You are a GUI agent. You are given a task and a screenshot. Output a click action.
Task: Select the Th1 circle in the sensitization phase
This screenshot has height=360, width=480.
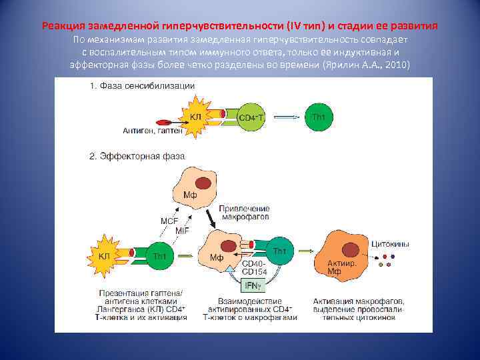tap(319, 117)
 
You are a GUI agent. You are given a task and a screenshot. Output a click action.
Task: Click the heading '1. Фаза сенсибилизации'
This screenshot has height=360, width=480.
tap(142, 85)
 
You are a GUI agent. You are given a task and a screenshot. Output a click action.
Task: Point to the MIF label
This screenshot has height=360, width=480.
tap(182, 230)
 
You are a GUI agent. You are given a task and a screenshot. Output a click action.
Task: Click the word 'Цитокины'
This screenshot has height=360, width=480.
tap(389, 244)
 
